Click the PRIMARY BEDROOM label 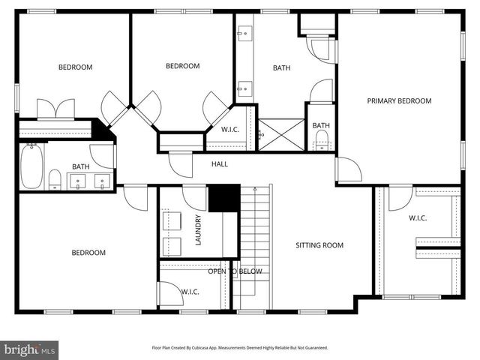click(x=399, y=100)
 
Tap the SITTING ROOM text click(x=319, y=245)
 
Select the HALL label click(x=220, y=163)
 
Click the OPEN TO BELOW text click(x=235, y=271)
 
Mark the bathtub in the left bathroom click(x=31, y=166)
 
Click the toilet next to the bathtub click(x=55, y=178)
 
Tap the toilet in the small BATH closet click(x=322, y=139)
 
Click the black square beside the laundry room click(x=223, y=198)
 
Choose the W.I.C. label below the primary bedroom click(x=417, y=218)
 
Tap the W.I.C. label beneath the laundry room click(x=190, y=291)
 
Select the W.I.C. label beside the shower click(x=230, y=129)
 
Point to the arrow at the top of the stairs click(x=254, y=190)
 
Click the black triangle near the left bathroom click(x=101, y=130)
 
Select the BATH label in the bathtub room click(x=81, y=166)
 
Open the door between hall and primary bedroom click(x=347, y=170)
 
